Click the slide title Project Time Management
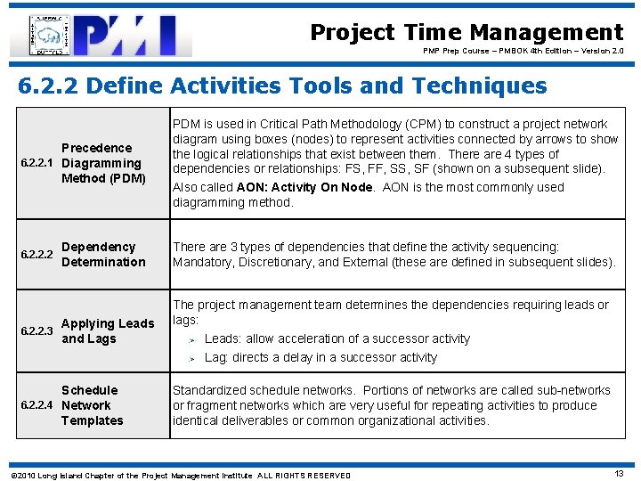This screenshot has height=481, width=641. [x=467, y=32]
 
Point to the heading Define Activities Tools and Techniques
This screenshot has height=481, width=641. [x=282, y=86]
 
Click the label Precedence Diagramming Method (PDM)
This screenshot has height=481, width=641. [x=101, y=163]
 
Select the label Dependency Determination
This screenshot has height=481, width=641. [x=102, y=254]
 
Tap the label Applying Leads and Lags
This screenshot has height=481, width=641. [x=107, y=331]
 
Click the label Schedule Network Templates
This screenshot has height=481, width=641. [x=92, y=405]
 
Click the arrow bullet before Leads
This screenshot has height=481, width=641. [x=191, y=339]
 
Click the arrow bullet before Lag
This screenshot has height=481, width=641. [x=191, y=358]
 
